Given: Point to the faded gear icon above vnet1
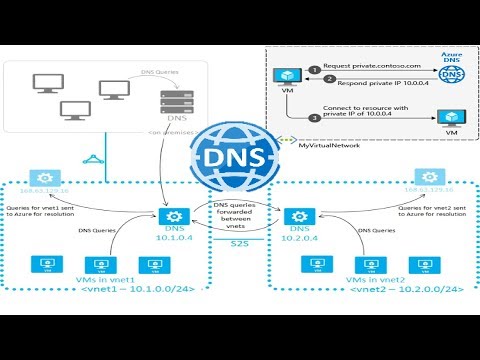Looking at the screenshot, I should coord(42,176).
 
